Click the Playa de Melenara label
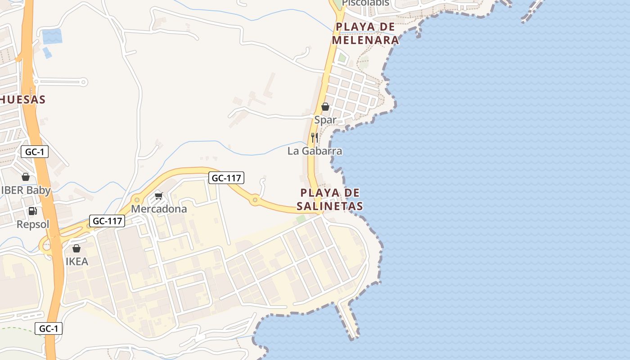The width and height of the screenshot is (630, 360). [365, 33]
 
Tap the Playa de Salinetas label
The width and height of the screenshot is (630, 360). [330, 199]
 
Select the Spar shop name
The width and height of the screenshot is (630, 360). [325, 120]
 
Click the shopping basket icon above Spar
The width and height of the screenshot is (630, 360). [325, 107]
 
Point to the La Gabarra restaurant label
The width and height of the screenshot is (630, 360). [315, 151]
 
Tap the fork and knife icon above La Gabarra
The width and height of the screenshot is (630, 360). [315, 137]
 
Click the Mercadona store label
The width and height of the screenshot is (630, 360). [158, 209]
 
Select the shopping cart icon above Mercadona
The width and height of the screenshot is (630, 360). [158, 196]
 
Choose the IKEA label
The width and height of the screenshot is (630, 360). [77, 261]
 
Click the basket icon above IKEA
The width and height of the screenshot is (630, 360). [76, 248]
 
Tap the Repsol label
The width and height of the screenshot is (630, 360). [33, 224]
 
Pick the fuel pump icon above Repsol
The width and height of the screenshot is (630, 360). [32, 211]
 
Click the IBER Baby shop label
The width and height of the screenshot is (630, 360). [26, 190]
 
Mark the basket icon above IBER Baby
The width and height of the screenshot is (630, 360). [26, 177]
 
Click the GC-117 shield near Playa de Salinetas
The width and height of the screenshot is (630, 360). [227, 178]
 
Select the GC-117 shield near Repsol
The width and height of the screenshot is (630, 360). [107, 221]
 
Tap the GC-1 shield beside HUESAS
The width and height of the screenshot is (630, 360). [35, 152]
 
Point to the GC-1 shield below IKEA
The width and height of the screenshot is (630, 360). [49, 328]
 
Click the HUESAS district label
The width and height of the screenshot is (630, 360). [22, 99]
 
